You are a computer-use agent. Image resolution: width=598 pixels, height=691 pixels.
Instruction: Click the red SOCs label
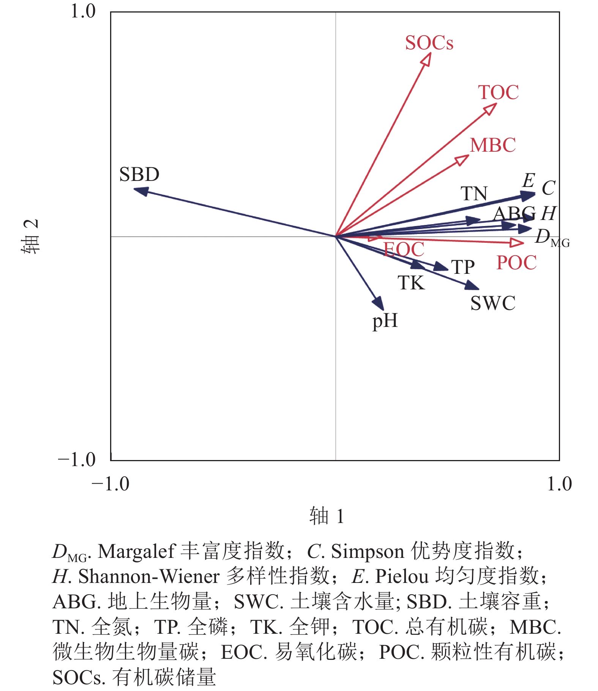pos(429,43)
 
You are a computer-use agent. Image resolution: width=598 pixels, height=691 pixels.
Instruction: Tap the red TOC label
pos(498,93)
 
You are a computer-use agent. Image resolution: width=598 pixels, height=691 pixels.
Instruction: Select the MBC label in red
pos(493,145)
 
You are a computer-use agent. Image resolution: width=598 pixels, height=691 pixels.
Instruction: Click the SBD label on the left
pos(139,175)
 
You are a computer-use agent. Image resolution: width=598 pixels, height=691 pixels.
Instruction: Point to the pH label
pos(385,321)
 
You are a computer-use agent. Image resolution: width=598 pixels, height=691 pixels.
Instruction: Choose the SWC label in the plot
pos(493,303)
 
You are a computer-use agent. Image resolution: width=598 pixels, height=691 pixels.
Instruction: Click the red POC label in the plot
pos(516,263)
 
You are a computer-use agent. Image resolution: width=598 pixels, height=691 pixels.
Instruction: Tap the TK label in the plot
pos(411,283)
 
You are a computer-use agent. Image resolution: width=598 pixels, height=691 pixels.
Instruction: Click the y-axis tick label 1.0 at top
pos(83,11)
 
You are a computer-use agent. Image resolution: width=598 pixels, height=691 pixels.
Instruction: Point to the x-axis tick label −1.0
pos(110,484)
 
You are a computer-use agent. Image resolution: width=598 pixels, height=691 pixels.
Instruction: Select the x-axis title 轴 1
pos(327,516)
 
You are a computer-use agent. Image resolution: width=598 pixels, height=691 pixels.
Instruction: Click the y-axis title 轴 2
pos(30,236)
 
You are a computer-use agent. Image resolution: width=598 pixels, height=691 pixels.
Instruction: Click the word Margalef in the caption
pos(137,551)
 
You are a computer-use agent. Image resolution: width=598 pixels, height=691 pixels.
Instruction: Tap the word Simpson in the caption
pos(367,551)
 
